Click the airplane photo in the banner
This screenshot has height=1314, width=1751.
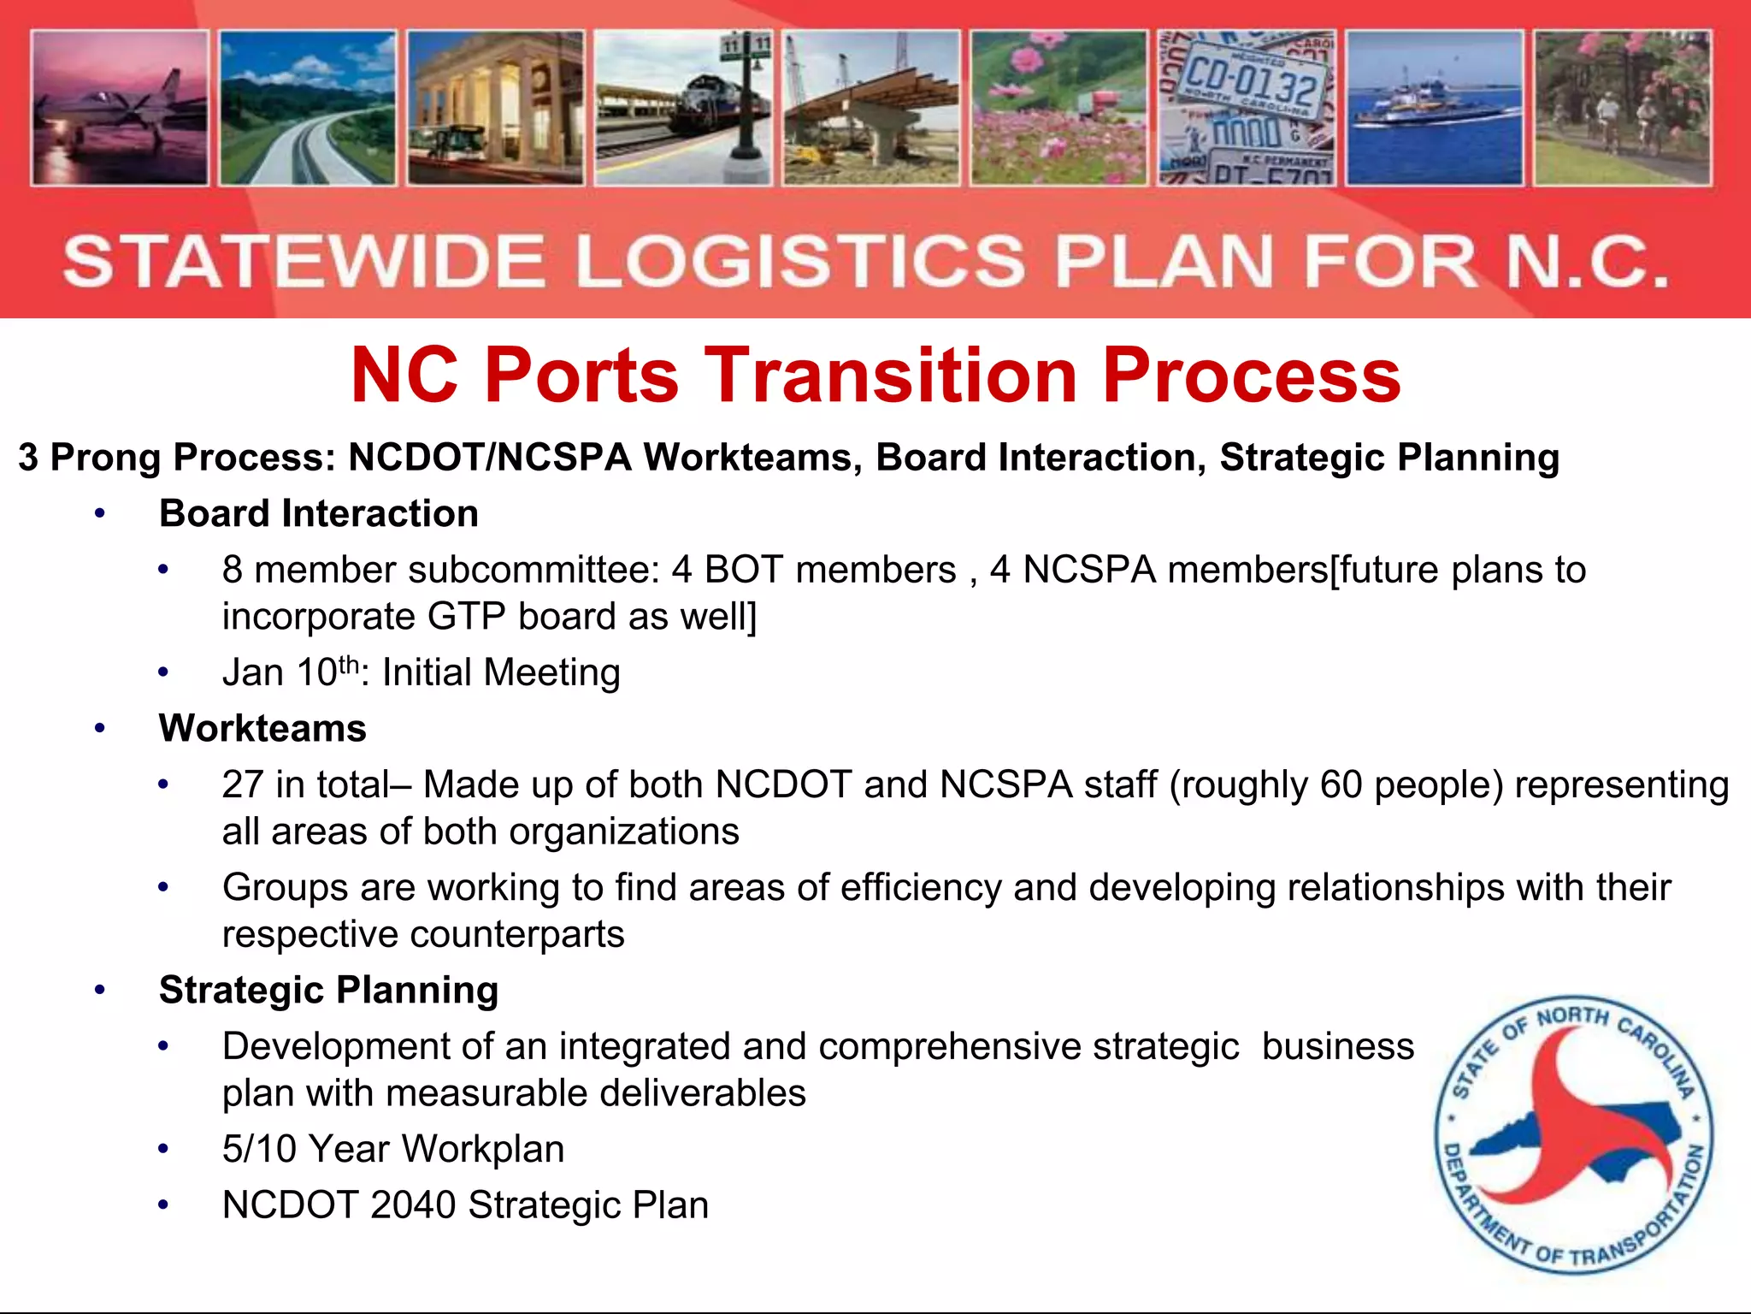click(120, 108)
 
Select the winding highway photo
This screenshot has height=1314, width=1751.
click(308, 108)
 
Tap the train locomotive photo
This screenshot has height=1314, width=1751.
click(683, 108)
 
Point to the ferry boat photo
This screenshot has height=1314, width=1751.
click(1434, 108)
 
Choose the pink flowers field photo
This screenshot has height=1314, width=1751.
click(1058, 108)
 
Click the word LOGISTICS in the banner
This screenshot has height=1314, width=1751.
click(799, 261)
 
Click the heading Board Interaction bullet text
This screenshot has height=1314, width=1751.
click(318, 513)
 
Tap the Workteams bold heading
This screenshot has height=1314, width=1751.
click(262, 728)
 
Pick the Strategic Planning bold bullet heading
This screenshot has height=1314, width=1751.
click(328, 990)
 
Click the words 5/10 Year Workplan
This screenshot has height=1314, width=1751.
click(393, 1149)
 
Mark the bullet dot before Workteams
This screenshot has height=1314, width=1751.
click(100, 729)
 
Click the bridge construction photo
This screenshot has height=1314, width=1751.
click(871, 108)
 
